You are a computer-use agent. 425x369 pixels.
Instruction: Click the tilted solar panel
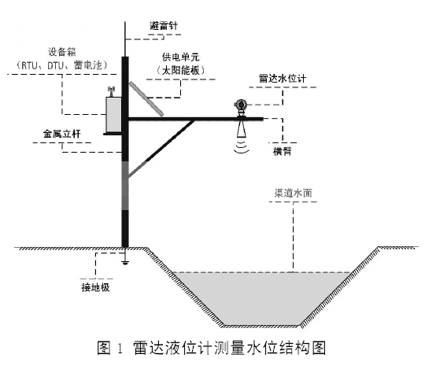pyautogui.click(x=145, y=97)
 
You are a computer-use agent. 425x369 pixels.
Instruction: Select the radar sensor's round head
pyautogui.click(x=240, y=104)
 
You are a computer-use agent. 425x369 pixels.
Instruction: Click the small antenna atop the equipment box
pyautogui.click(x=112, y=90)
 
